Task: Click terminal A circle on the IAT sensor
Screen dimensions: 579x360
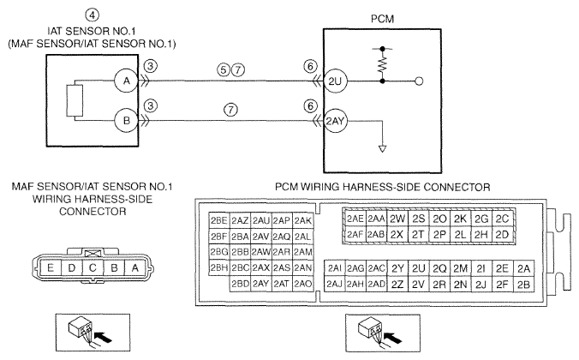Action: [x=126, y=81]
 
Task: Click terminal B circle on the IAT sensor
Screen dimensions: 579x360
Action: [x=126, y=121]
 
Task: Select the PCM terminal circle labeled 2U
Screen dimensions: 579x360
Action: [x=335, y=81]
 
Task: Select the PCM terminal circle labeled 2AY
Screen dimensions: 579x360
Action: [x=335, y=121]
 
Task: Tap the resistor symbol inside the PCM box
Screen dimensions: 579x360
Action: [x=382, y=65]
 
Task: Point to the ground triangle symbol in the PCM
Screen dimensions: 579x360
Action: [x=383, y=148]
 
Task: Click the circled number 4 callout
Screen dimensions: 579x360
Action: [x=92, y=15]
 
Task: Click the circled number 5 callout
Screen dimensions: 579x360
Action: [x=224, y=69]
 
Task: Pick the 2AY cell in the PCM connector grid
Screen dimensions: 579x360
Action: [x=260, y=284]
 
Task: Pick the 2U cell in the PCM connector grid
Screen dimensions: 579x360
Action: [x=418, y=268]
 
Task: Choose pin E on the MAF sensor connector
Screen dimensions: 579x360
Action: [x=51, y=267]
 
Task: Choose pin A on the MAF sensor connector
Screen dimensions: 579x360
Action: [x=135, y=267]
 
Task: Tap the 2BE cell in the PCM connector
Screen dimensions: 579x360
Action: [x=219, y=220]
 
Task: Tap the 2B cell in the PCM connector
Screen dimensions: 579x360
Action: [x=523, y=285]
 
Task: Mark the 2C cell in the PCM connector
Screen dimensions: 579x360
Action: [x=502, y=219]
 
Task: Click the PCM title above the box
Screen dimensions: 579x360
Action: [x=382, y=19]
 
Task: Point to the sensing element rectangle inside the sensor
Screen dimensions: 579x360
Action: [x=75, y=100]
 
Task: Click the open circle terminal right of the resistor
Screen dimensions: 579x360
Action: [x=419, y=81]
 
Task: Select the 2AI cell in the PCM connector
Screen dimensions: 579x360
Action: [x=335, y=268]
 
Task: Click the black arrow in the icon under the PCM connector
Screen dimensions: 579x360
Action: [x=393, y=337]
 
